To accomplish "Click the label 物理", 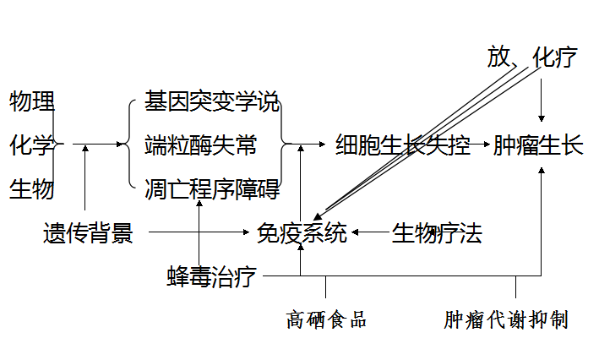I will (x=32, y=102).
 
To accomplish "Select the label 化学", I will (x=32, y=145).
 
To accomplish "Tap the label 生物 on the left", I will (x=32, y=188).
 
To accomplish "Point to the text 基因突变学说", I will (x=210, y=102).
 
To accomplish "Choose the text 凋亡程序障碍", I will (x=210, y=188).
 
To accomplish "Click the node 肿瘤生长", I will (x=537, y=145).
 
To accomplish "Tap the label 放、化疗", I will (x=531, y=57).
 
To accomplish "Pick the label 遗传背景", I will (x=88, y=232).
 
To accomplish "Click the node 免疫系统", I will (x=302, y=232).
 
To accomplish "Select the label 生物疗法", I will (x=436, y=232).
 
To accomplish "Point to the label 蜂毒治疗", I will (x=211, y=276).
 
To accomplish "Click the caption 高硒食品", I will (x=325, y=320).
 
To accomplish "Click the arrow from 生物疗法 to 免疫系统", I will (x=371, y=230).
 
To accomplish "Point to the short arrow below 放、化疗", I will (x=542, y=96).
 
